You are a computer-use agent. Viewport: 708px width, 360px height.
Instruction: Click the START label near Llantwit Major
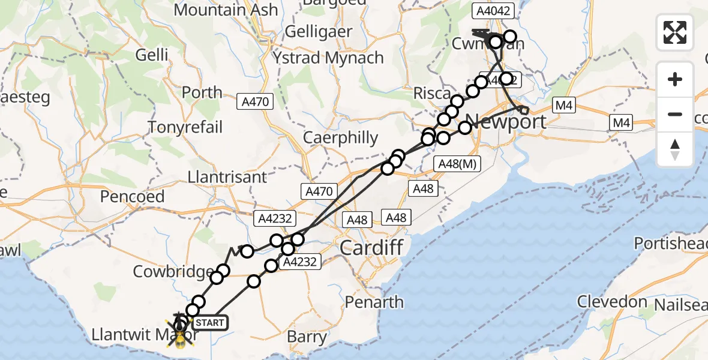click(209, 323)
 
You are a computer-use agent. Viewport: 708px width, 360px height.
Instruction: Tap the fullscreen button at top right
click(675, 32)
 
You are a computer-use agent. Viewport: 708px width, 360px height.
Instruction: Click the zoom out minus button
click(675, 114)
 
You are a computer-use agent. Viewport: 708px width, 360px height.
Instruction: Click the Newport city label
click(505, 122)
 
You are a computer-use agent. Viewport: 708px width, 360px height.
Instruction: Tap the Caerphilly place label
click(340, 138)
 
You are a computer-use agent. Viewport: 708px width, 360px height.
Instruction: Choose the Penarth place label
click(373, 302)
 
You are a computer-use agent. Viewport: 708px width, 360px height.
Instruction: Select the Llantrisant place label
click(227, 178)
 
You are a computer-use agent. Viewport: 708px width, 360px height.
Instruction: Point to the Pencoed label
click(132, 196)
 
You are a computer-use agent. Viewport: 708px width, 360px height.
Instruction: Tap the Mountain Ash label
click(226, 10)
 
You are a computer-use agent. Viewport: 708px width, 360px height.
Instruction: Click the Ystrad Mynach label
click(328, 58)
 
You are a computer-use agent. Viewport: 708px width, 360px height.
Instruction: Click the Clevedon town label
click(612, 301)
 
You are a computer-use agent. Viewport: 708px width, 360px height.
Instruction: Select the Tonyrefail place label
click(185, 127)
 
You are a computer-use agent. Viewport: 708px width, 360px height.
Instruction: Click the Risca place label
click(432, 94)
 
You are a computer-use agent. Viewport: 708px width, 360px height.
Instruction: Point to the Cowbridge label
click(171, 271)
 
